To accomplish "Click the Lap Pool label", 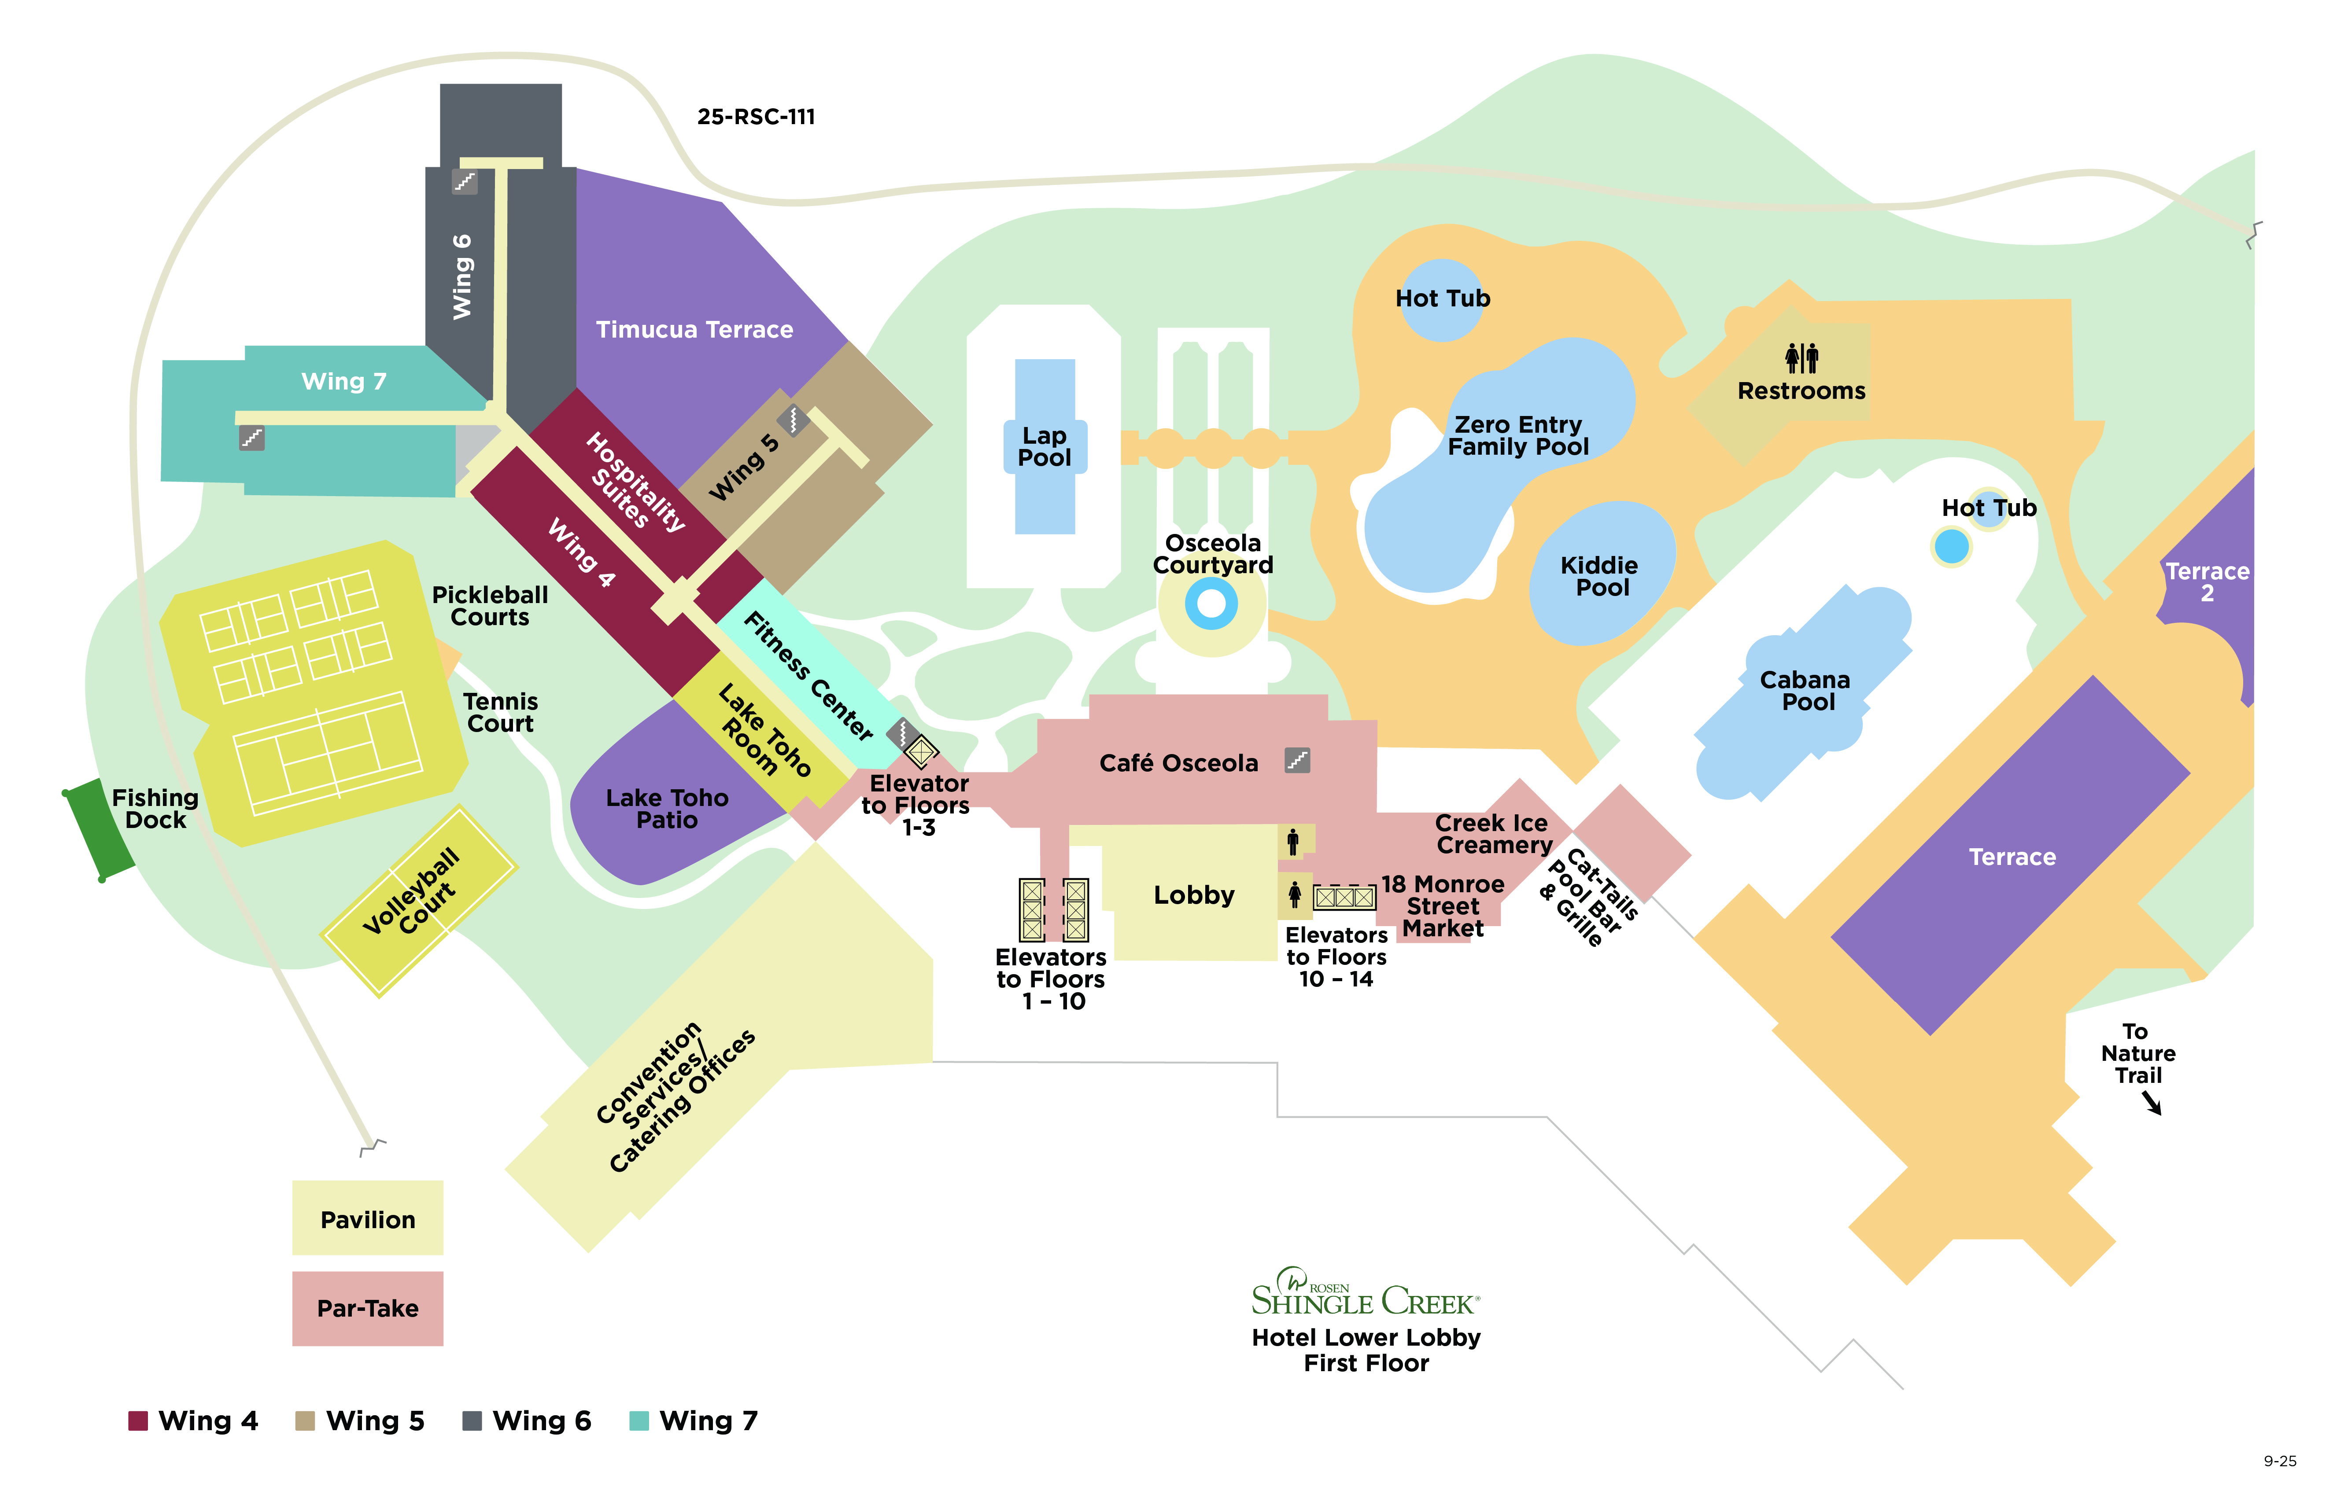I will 1044,446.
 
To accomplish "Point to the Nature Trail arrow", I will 2152,1103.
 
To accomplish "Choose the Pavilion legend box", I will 368,1218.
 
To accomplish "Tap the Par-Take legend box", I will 368,1308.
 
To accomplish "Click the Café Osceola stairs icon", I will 1298,760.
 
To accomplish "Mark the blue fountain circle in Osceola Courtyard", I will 1211,603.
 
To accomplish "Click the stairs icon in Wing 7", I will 252,438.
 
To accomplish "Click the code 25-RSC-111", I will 756,116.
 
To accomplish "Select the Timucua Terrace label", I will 694,330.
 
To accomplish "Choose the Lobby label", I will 1194,894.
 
